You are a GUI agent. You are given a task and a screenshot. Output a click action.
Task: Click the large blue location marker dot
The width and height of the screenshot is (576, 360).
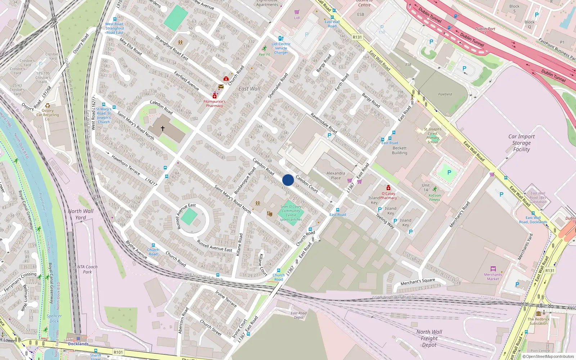(288, 180)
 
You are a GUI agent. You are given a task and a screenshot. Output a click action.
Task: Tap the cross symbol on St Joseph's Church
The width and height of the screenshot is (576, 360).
(162, 128)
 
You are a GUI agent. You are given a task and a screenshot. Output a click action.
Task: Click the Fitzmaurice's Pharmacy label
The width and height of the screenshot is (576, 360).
(215, 104)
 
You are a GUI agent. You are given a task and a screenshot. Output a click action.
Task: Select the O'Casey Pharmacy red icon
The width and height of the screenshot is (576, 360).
(388, 188)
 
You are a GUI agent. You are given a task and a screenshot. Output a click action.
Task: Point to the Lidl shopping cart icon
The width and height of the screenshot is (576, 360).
(297, 12)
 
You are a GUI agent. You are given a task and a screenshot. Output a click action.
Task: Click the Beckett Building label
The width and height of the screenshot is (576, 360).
(400, 150)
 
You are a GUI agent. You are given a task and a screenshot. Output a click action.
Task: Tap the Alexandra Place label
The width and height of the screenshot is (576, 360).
(336, 176)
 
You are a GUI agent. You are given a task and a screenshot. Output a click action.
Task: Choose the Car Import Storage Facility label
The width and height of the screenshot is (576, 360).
(521, 143)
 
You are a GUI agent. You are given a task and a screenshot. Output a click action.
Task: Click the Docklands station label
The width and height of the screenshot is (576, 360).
(78, 344)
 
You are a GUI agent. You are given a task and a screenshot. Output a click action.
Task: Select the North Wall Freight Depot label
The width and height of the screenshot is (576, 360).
(429, 338)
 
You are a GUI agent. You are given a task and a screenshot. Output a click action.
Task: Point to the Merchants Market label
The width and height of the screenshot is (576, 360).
(493, 276)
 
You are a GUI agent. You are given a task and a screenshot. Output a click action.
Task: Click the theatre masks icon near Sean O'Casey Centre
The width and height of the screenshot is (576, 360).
(269, 213)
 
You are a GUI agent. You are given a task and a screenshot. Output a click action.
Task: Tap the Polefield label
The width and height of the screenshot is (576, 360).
(445, 94)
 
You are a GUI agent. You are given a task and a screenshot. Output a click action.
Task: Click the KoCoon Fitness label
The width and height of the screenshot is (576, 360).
(435, 198)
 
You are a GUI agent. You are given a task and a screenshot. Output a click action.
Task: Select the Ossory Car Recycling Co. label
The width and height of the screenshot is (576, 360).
(48, 115)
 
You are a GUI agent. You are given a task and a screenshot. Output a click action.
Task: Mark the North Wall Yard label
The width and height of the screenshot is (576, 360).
(81, 214)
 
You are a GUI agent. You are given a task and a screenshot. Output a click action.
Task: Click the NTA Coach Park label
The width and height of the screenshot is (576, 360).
(87, 269)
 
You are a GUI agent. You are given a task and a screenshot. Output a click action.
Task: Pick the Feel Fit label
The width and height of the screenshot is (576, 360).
(265, 55)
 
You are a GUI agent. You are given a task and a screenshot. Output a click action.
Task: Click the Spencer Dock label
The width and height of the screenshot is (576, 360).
(54, 318)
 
